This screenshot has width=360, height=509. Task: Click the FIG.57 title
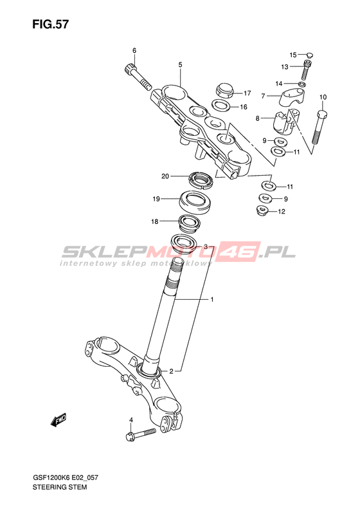click(x=50, y=24)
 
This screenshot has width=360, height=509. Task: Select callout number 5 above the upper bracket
click(x=180, y=64)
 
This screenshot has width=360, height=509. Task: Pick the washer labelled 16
click(x=221, y=105)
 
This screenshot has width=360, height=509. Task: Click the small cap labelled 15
click(x=309, y=55)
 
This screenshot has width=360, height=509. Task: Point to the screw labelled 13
click(x=306, y=70)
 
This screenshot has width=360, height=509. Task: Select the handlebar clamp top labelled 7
click(x=290, y=98)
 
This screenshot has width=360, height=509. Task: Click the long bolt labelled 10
click(x=319, y=127)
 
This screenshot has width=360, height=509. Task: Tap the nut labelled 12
click(x=262, y=211)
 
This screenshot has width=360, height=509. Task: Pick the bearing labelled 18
click(x=189, y=223)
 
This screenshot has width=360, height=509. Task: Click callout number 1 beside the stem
click(x=212, y=299)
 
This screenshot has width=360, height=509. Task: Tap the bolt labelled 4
click(x=140, y=434)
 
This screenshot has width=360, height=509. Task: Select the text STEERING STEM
click(x=59, y=487)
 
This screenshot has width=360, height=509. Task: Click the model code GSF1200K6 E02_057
click(x=65, y=477)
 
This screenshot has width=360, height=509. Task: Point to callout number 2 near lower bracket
click(x=171, y=371)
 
